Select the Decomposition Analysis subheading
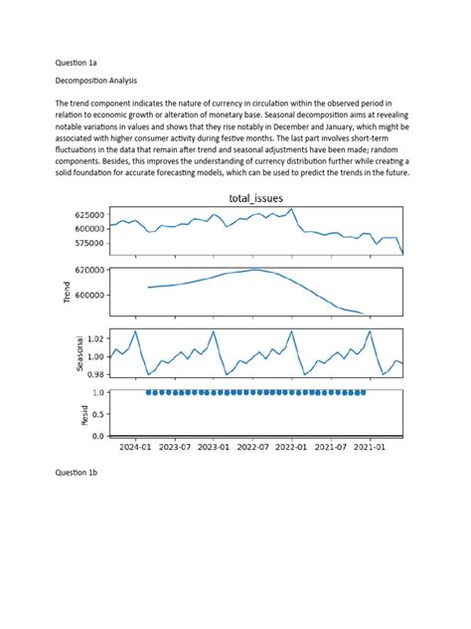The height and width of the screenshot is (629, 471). pyautogui.click(x=96, y=80)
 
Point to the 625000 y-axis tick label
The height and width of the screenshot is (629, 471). pyautogui.click(x=83, y=215)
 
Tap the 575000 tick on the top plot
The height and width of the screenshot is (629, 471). pyautogui.click(x=83, y=243)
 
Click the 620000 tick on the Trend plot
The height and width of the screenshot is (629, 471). pyautogui.click(x=83, y=270)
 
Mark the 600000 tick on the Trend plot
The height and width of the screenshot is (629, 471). pyautogui.click(x=83, y=296)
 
